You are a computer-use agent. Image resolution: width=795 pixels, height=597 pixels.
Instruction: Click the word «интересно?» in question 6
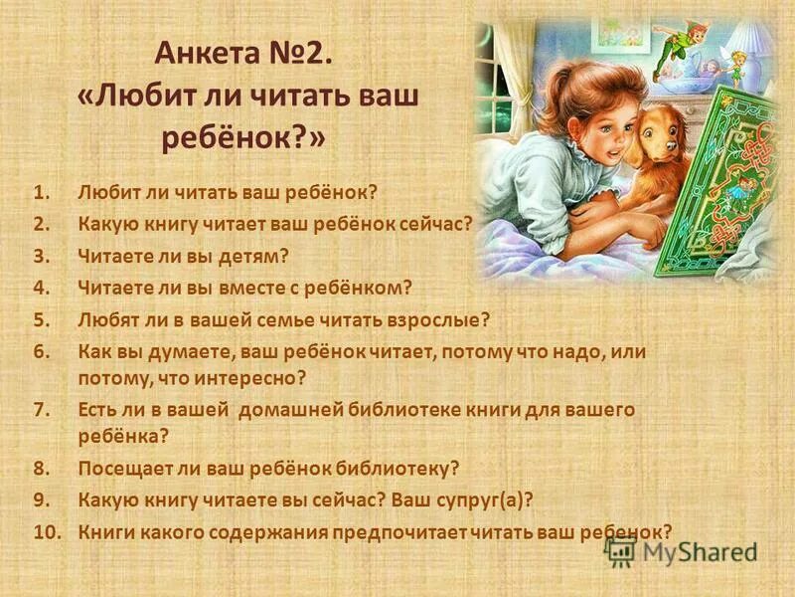(260, 378)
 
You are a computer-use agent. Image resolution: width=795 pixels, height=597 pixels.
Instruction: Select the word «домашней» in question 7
(281, 409)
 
